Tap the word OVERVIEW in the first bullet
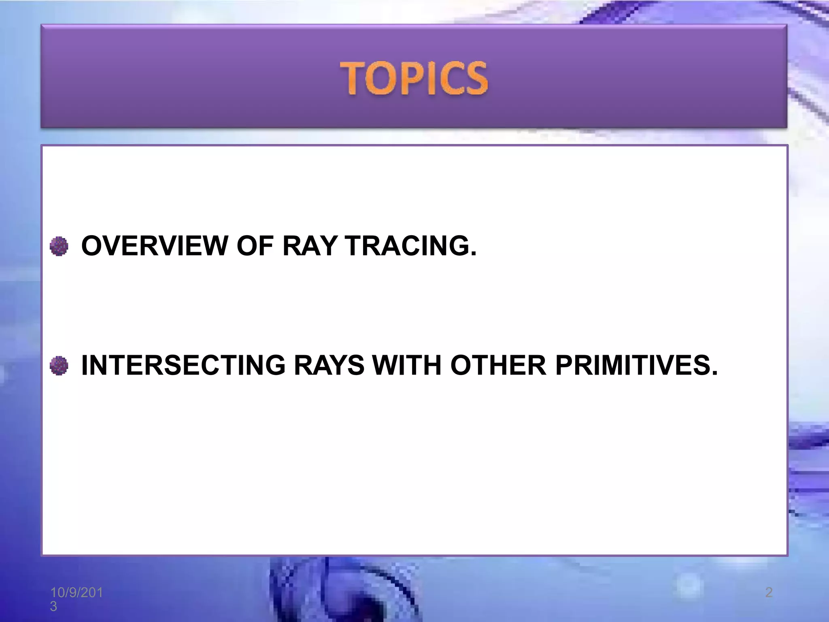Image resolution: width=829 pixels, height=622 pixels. click(155, 246)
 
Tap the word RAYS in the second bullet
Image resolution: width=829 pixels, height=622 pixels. click(329, 365)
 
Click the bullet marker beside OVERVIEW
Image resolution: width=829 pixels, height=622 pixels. click(59, 246)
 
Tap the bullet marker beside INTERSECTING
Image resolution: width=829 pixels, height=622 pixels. click(59, 366)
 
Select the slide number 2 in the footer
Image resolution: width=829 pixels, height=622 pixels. click(769, 592)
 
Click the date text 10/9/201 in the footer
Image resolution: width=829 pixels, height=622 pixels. click(77, 592)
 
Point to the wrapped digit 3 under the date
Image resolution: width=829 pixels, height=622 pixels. click(53, 606)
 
